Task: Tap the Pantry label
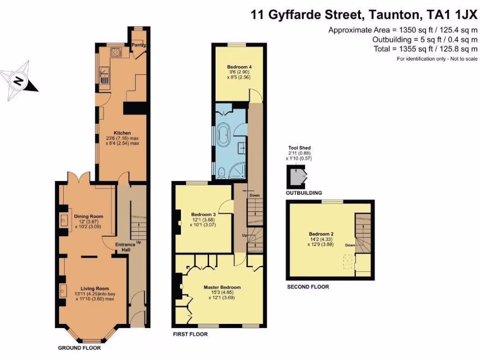[139, 45]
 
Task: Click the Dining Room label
[89, 217]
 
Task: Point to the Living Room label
[95, 289]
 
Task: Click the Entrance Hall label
[123, 247]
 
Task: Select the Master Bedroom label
[222, 287]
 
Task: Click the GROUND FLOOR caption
[79, 348]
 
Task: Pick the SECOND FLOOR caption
[308, 287]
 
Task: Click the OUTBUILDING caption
[304, 193]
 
